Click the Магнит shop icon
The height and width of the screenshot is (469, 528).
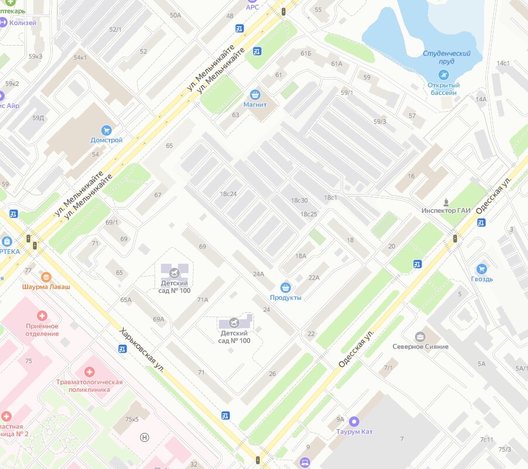point(255,94)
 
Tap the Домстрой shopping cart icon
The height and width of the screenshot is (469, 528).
point(106,130)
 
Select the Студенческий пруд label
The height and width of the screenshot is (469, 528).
point(447,57)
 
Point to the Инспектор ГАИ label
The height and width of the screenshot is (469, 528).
point(446,211)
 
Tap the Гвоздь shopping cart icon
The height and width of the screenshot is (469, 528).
point(482,268)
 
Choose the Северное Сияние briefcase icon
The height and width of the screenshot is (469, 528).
point(420,336)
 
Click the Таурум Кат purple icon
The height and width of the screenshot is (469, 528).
point(354,421)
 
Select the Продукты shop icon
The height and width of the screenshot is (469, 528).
point(286,287)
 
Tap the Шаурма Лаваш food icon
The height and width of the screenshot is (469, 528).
point(46,277)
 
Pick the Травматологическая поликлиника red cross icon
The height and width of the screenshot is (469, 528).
point(89,372)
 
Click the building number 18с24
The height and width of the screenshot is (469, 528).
point(228,194)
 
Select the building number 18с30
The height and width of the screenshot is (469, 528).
point(299,201)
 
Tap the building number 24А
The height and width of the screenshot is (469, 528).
point(259,274)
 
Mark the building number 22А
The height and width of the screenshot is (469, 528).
point(314,278)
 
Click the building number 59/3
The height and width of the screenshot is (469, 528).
point(380,122)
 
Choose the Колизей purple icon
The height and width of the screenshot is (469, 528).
point(3,23)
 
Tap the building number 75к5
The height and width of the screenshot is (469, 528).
point(132,419)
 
